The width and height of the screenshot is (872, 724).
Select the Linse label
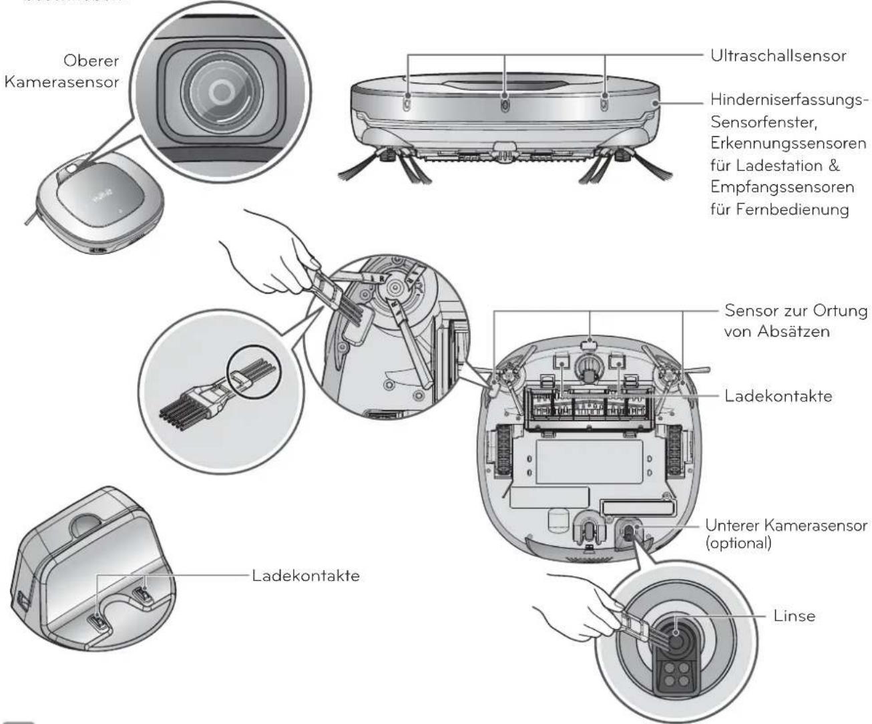[795, 615]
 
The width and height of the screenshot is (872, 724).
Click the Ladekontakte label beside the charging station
[306, 575]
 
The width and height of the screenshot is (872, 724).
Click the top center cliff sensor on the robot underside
[588, 345]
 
